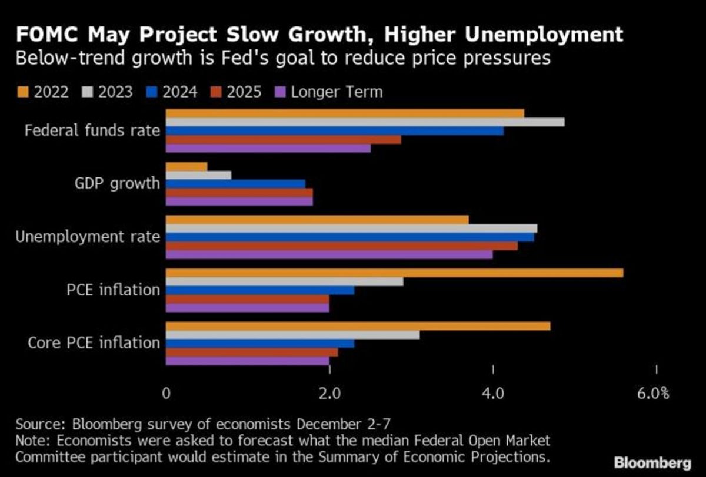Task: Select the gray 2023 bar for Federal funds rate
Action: [x=365, y=122]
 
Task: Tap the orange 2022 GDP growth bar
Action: [x=187, y=167]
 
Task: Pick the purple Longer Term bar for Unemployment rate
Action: [x=329, y=254]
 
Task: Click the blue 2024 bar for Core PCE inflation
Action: [x=260, y=343]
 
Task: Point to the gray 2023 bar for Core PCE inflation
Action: [x=292, y=334]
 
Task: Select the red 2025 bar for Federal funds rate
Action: [x=283, y=140]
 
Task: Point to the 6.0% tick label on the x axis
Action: [x=653, y=393]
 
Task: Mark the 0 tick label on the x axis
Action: [x=166, y=393]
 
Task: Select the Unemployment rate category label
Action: [x=88, y=237]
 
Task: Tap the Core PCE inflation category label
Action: [x=94, y=343]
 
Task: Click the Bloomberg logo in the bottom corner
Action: [x=652, y=462]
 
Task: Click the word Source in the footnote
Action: [x=37, y=424]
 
